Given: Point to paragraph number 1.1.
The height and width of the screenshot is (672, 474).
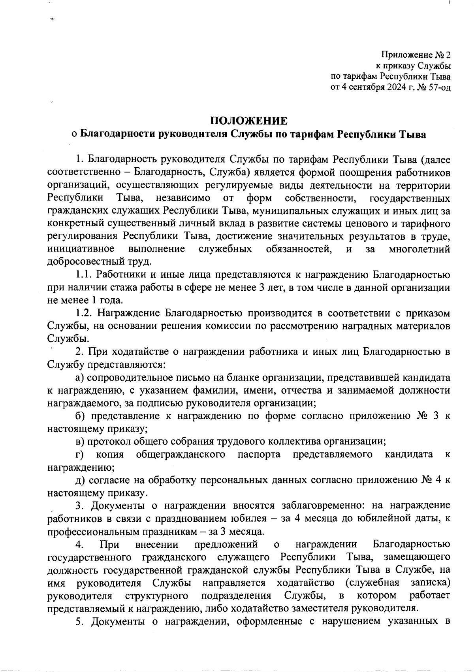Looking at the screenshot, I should pos(85,274).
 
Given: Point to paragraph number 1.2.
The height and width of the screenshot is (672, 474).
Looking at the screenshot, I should pos(85,313).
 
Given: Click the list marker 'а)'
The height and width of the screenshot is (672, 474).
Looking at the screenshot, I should pos(81,378).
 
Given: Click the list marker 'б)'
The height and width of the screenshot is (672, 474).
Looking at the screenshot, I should pos(81,416).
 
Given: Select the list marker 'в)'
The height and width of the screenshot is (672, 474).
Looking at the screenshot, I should pos(81,441).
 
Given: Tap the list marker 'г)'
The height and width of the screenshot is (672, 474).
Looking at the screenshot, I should pos(80,454).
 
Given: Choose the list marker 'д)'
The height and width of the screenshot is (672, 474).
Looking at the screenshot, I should pos(81,480).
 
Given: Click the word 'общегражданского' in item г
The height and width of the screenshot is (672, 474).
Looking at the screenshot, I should pos(181,454).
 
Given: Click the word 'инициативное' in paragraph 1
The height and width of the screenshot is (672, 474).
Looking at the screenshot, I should pos(81,249).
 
